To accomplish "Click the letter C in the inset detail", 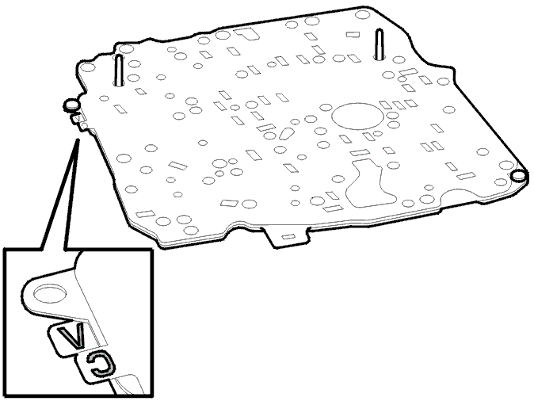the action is pyautogui.click(x=101, y=364).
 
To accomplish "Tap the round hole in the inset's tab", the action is pyautogui.click(x=50, y=295).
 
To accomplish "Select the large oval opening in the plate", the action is pyautogui.click(x=357, y=116).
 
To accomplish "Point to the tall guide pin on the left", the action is pyautogui.click(x=119, y=70).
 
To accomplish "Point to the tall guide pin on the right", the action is pyautogui.click(x=379, y=44).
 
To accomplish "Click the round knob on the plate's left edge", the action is pyautogui.click(x=71, y=105).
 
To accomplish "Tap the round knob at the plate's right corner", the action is pyautogui.click(x=519, y=175).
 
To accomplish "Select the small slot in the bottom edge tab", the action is pyautogui.click(x=288, y=236).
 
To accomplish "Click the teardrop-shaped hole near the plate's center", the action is pyautogui.click(x=287, y=134).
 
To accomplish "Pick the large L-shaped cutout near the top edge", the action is pyautogui.click(x=246, y=33).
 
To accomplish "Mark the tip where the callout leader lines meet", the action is pyautogui.click(x=78, y=139).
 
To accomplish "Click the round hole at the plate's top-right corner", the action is pyautogui.click(x=362, y=14).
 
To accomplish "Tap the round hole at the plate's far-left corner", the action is pyautogui.click(x=87, y=67).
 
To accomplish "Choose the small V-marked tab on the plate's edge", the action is pyautogui.click(x=78, y=118).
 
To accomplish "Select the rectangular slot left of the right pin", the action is pyautogui.click(x=353, y=34).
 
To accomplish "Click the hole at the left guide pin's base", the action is pyautogui.click(x=119, y=82).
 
